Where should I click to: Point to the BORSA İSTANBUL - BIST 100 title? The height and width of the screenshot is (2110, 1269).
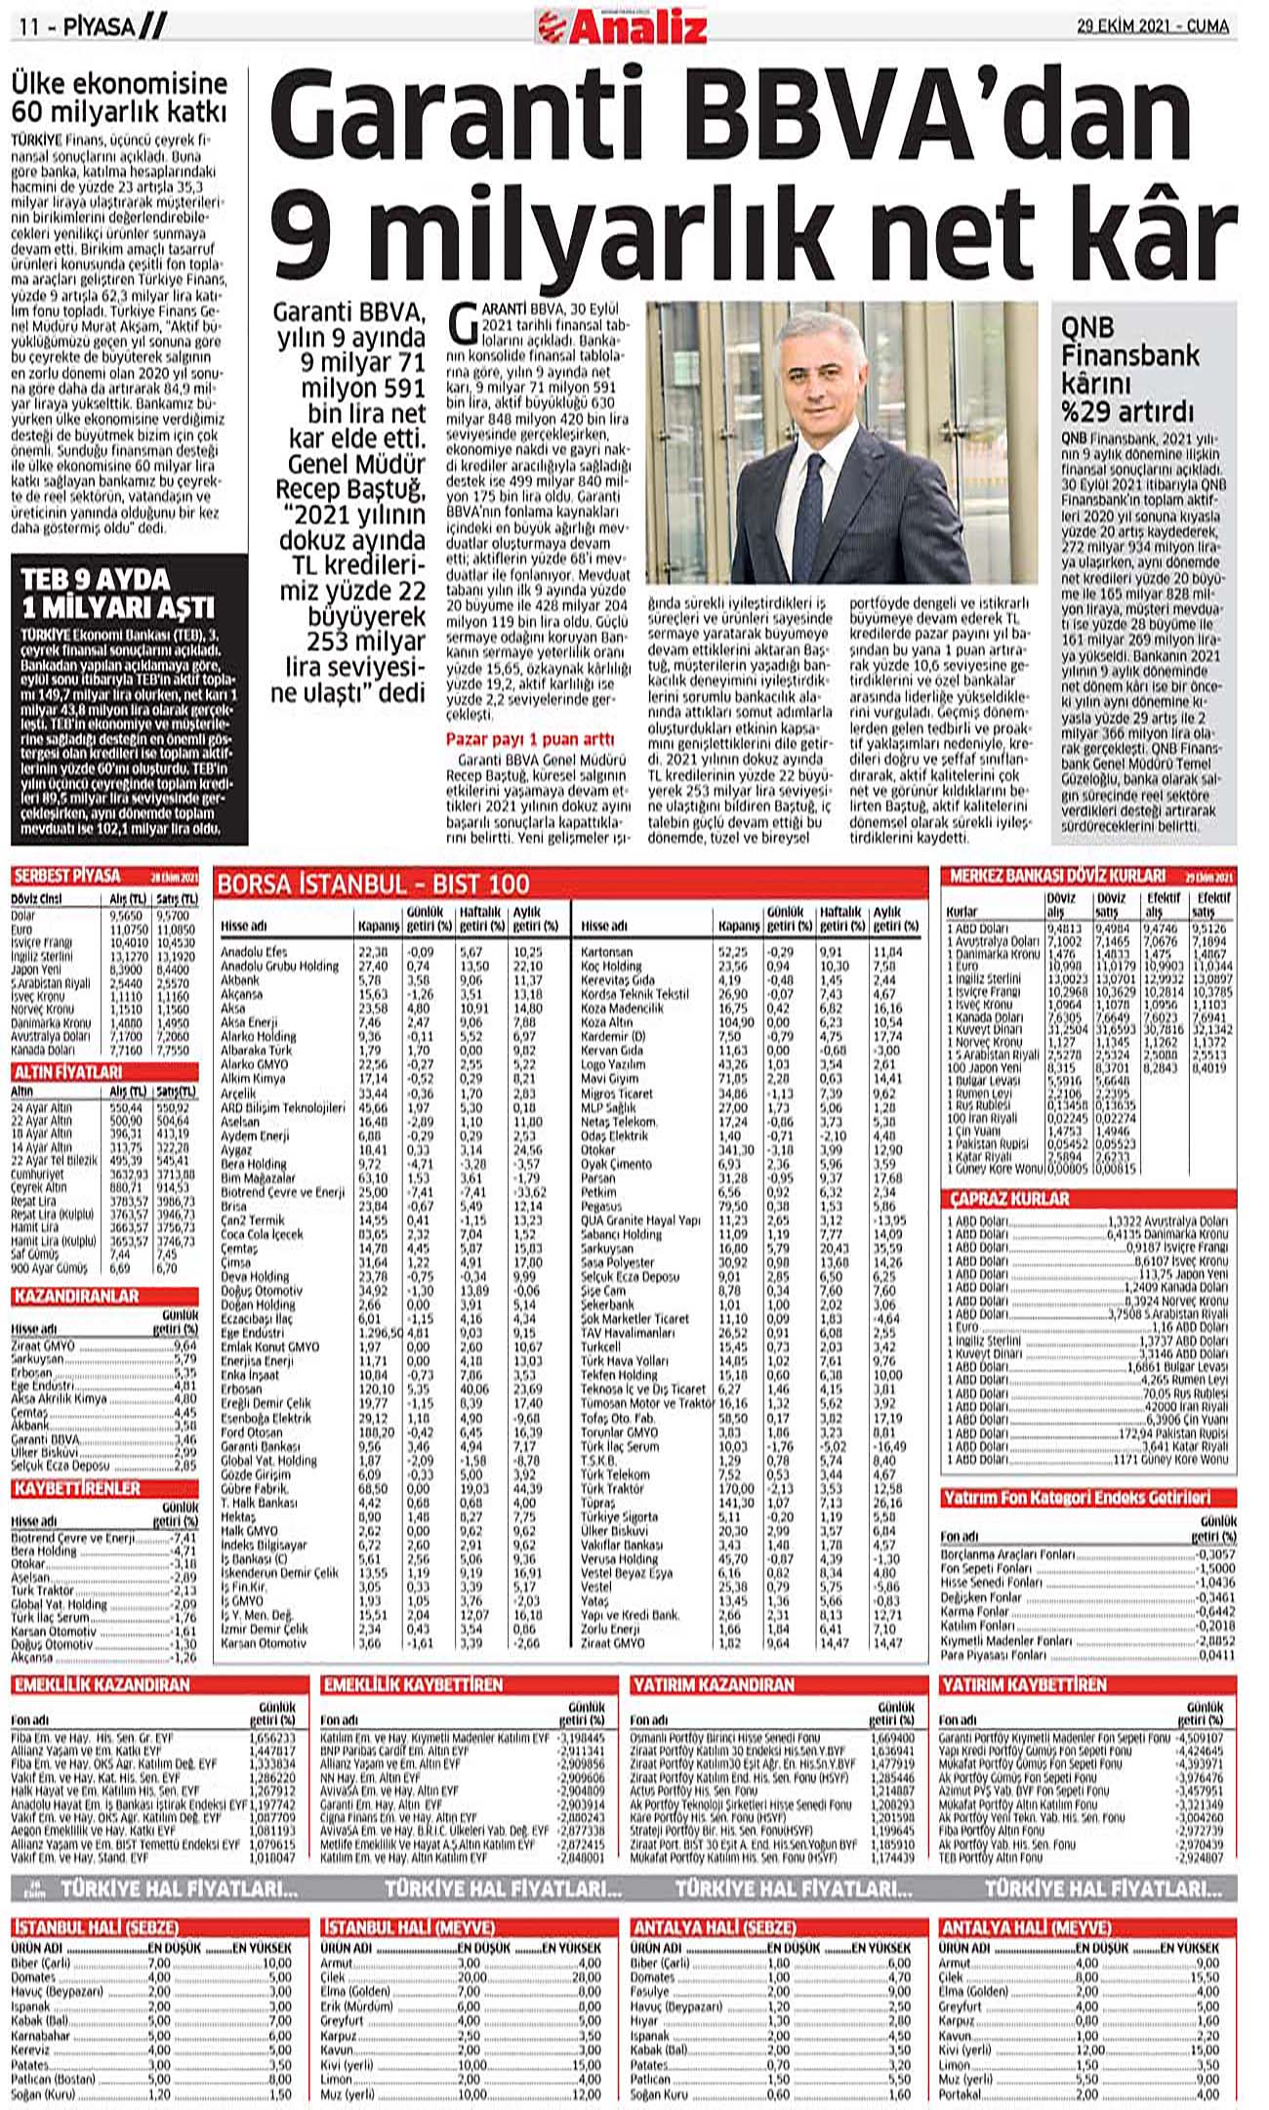click(374, 885)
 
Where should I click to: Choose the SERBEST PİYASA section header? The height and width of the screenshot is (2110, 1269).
click(66, 875)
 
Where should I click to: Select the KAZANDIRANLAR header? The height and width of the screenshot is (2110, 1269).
click(76, 1296)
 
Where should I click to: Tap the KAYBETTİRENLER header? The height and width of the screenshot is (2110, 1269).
click(77, 1488)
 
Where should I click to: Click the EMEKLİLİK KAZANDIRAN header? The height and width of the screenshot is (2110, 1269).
click(102, 1684)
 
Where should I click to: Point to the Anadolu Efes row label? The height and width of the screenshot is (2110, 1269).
click(249, 951)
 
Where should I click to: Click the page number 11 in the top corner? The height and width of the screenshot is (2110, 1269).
click(27, 27)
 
